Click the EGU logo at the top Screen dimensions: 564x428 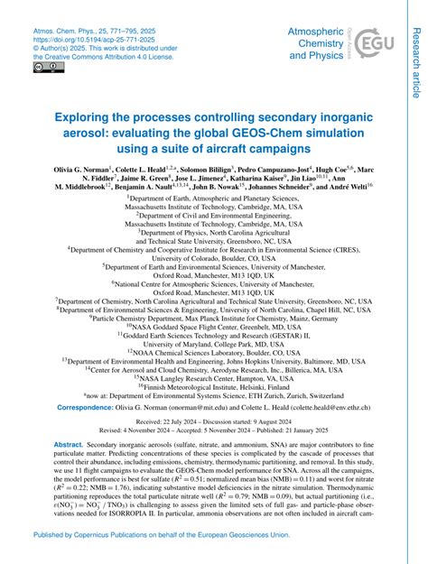coord(371,42)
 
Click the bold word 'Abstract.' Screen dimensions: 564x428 coord(67,446)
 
